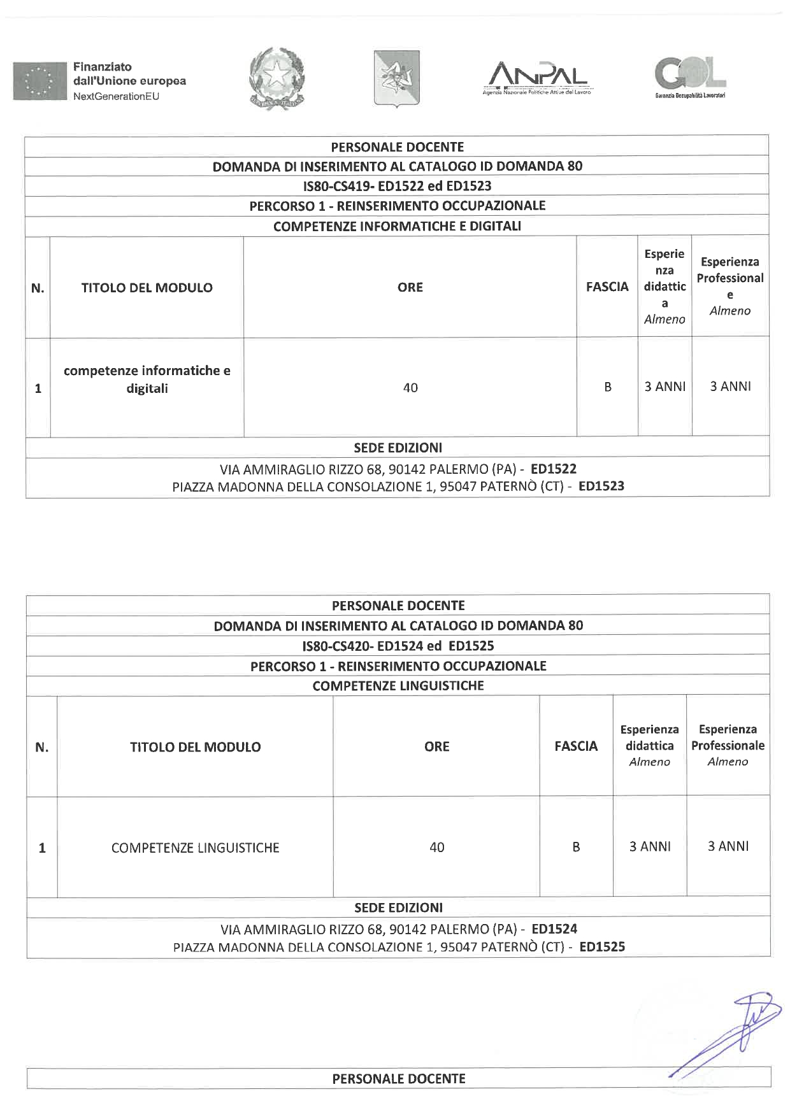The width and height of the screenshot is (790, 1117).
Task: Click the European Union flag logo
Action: [39, 81]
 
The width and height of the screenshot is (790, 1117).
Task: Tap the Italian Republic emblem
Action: [277, 78]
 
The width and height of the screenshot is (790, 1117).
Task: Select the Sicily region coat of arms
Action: [396, 78]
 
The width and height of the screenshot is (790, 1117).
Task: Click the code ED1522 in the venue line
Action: [554, 469]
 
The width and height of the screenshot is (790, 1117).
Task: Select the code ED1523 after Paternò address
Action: [601, 486]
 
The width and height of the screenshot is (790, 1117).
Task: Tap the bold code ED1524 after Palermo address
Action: [554, 929]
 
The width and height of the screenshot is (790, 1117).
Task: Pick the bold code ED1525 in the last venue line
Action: [602, 946]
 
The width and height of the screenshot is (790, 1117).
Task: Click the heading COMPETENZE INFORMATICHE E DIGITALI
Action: [397, 226]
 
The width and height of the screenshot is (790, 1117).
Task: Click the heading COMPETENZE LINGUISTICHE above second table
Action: [398, 686]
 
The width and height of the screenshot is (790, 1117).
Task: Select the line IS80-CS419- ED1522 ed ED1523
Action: [397, 186]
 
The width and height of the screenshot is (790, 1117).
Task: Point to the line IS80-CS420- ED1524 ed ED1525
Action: [398, 646]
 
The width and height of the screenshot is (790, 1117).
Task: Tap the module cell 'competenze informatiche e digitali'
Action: [147, 380]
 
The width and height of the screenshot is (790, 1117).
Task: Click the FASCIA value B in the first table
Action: [608, 387]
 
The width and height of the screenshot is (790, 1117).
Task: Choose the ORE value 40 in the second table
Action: [437, 847]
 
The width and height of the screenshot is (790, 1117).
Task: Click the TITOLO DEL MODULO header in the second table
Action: [196, 747]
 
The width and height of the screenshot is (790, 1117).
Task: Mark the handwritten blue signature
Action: [733, 1032]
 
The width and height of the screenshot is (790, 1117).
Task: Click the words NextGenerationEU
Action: [116, 96]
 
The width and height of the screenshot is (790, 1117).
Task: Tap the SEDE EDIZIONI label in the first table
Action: [398, 448]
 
